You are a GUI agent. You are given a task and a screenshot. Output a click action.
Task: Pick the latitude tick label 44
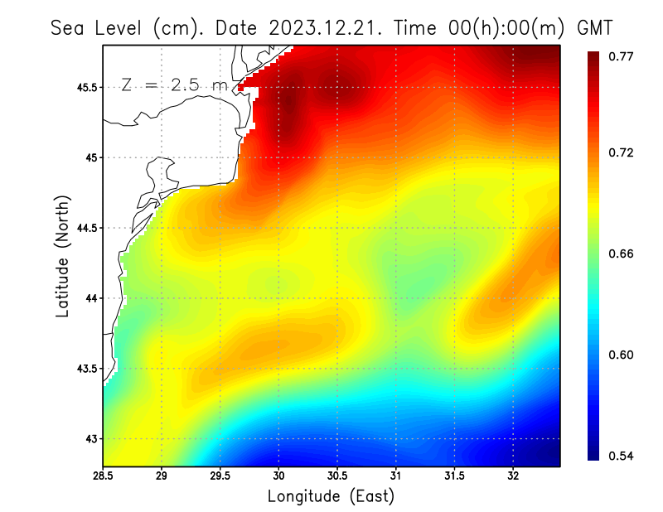click(88, 298)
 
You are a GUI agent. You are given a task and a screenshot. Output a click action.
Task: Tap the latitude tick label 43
click(88, 439)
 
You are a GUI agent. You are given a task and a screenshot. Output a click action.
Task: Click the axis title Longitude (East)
click(331, 496)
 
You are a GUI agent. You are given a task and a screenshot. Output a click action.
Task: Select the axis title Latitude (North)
click(63, 255)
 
